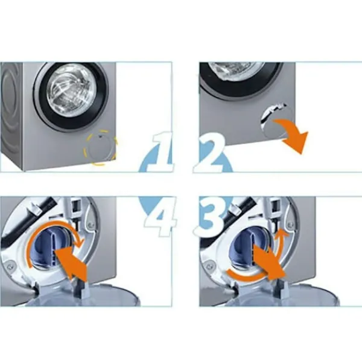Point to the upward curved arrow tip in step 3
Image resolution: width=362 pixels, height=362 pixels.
click(x=282, y=230)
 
